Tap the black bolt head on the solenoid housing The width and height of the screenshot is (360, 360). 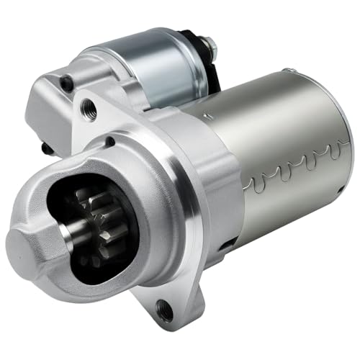click(x=67, y=84)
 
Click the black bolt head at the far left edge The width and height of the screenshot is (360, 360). click(x=45, y=148)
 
